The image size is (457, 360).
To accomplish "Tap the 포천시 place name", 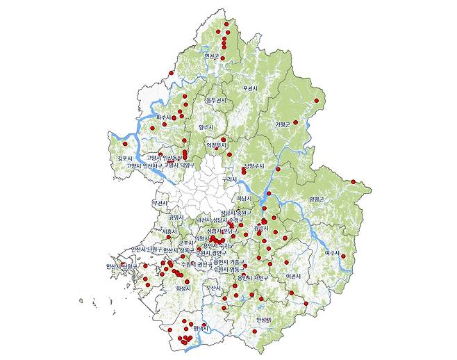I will pos(250,88).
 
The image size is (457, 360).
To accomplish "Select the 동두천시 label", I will pos(216,101).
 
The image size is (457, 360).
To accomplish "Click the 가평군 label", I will pos(282,124).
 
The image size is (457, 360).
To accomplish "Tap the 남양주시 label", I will pos(255,165).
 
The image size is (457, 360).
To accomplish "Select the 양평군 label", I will pos(317,199).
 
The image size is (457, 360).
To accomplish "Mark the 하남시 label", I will pos(244,197).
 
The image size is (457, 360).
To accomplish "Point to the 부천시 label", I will pos(159,202).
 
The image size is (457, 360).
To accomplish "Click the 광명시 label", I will pos(176,217).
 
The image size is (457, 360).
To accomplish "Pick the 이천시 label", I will pos(294,276).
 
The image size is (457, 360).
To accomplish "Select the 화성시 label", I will pos(183,288).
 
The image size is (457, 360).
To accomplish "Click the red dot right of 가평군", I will pos(295,122).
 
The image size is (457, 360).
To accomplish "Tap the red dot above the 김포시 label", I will pos(125,144).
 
